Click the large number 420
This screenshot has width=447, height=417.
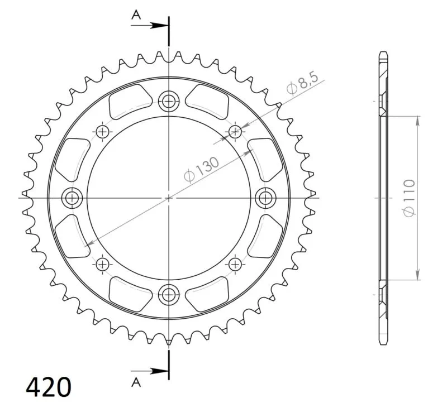(49, 387)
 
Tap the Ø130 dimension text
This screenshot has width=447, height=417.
(202, 169)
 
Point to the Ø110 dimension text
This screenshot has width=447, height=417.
(409, 198)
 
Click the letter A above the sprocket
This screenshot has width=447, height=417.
(136, 15)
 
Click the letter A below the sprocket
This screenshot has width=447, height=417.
(136, 382)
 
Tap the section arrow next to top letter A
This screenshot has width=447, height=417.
(150, 25)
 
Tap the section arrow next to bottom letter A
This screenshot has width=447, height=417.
(150, 371)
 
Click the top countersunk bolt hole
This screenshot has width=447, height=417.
(169, 101)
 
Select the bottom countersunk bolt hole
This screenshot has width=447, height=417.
(169, 295)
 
